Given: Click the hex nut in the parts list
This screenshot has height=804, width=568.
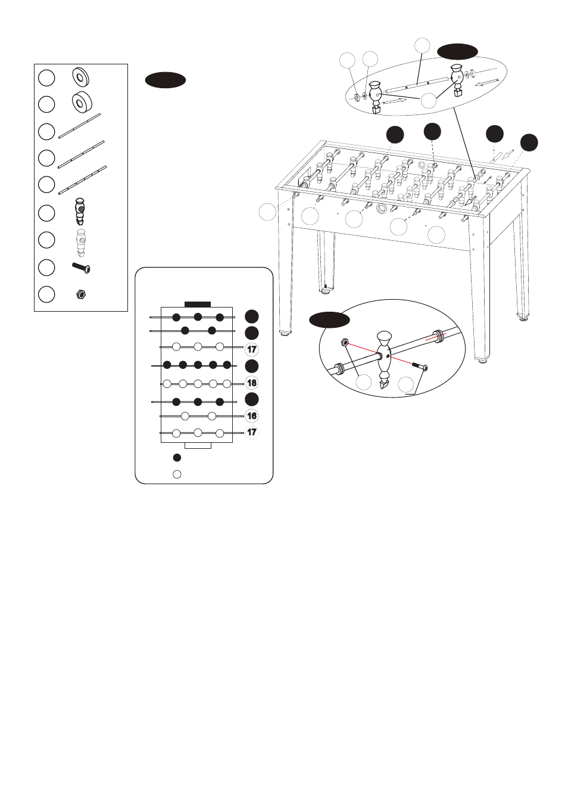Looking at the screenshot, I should [x=81, y=294].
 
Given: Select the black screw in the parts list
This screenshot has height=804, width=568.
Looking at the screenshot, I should [x=81, y=268].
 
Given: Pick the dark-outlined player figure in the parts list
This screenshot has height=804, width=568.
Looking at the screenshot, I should [x=80, y=212].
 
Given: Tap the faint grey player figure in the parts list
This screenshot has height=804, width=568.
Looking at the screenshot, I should [x=80, y=241].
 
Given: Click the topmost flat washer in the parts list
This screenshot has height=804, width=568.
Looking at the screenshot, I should [x=80, y=76].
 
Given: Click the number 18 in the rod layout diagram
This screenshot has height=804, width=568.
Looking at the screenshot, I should [x=252, y=383].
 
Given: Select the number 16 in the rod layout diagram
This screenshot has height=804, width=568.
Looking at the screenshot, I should [x=252, y=416].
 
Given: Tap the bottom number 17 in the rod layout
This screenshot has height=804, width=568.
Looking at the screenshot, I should [x=252, y=432].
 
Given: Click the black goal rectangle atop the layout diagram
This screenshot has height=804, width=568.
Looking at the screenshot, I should [x=198, y=304].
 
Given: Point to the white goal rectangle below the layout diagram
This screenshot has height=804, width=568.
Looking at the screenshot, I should [x=198, y=445].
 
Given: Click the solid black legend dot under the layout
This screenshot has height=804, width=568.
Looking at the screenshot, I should [x=177, y=458].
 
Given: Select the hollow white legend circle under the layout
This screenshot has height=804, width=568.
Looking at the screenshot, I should [x=177, y=474].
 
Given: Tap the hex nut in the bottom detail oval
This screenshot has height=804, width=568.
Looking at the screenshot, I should [x=344, y=343].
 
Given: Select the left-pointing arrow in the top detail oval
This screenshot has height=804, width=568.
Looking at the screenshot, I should [x=486, y=82].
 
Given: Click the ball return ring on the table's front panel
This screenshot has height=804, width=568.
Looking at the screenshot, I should [x=382, y=209].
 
